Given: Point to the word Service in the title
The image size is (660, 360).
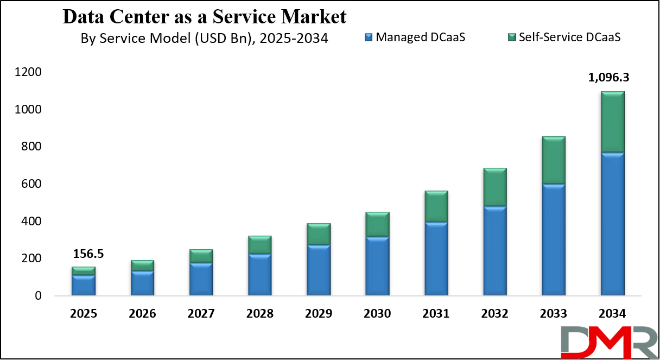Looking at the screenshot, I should [x=240, y=17].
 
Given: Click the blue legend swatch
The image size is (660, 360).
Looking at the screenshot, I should [x=369, y=37].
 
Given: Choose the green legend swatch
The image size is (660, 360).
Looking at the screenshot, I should [x=512, y=37].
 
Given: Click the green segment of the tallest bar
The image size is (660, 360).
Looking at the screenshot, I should [x=612, y=122].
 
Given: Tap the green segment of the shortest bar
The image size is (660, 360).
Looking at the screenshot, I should [x=84, y=270].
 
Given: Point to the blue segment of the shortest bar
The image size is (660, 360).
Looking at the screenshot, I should [x=84, y=285].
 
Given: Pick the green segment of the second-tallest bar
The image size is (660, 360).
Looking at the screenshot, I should [x=554, y=160].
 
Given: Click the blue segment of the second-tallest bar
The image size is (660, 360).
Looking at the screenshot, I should [x=554, y=239].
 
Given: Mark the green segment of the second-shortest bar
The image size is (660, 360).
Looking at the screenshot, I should [x=142, y=265].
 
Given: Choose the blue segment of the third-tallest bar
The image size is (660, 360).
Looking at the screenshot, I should [x=495, y=250].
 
